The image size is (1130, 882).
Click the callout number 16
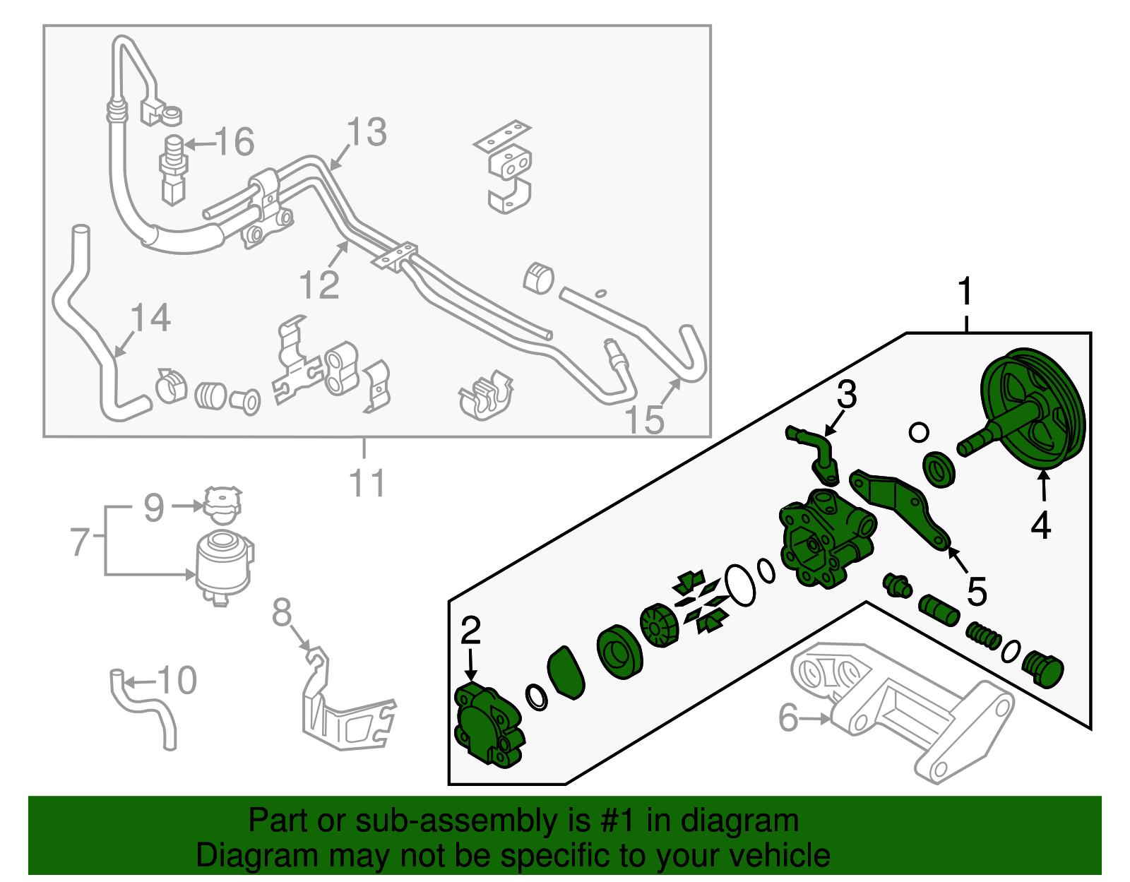(234, 142)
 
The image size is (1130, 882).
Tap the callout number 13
(367, 132)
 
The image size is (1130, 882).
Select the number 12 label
(319, 285)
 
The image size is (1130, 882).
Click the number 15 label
(645, 419)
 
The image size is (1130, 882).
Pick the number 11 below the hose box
(367, 484)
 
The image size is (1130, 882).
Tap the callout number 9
(154, 507)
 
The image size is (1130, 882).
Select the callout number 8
(282, 613)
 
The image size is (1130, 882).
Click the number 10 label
(177, 681)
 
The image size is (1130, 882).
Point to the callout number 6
(788, 717)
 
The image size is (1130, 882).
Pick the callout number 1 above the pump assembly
(965, 292)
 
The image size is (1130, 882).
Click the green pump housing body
(826, 540)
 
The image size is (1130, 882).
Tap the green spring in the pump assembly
(983, 635)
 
